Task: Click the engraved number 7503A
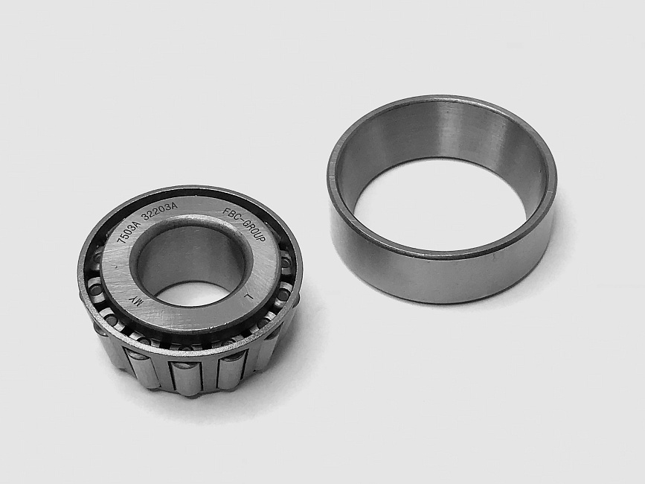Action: point(127,232)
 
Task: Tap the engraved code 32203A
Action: point(159,212)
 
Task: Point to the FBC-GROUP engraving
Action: point(244,225)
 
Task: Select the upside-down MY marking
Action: point(136,301)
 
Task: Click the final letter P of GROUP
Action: point(262,239)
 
